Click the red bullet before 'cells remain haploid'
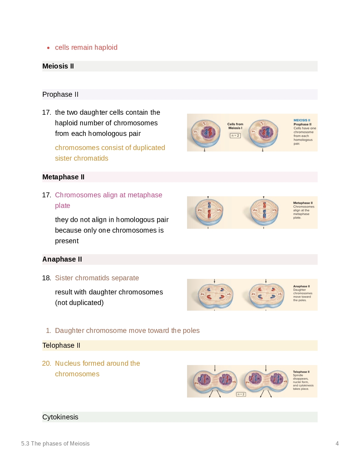48,48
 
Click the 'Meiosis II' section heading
58,66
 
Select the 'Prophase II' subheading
60,95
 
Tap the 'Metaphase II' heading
63,177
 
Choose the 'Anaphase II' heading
62,259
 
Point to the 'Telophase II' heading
61,346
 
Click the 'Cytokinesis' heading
60,417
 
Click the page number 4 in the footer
337,444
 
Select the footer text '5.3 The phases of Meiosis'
55,444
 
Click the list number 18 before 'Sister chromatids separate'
46,278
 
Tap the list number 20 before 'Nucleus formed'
46,364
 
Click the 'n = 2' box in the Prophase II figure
235,136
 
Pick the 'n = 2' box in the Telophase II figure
241,394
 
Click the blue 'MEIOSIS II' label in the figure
302,120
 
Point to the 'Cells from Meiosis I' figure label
235,126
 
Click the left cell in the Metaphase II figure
209,212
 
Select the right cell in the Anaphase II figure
266,295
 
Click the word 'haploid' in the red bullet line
106,48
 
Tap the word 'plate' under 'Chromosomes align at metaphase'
62,206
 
